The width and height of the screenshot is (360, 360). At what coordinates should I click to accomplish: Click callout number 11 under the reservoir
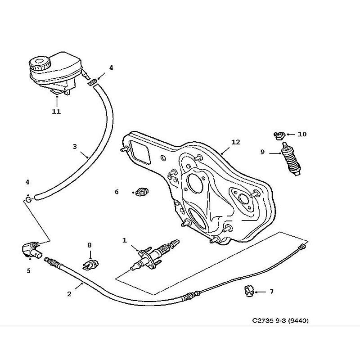tap(56, 111)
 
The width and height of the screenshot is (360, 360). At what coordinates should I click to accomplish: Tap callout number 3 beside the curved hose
tap(75, 147)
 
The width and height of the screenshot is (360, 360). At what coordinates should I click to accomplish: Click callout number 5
tap(28, 271)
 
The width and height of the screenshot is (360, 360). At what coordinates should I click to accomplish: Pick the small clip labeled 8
tap(89, 263)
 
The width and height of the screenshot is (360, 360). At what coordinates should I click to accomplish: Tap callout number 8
tap(89, 245)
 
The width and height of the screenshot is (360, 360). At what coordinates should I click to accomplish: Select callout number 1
tap(125, 241)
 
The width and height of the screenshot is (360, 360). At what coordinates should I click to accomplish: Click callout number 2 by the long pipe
tap(69, 294)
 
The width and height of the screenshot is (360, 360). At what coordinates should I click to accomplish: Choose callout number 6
tap(117, 192)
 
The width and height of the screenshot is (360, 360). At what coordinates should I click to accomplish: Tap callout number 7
tap(271, 292)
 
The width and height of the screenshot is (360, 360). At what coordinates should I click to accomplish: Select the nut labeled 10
tap(279, 134)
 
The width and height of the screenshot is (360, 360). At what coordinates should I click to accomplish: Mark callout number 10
tap(301, 134)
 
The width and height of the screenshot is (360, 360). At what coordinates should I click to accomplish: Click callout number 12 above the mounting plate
tap(236, 142)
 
